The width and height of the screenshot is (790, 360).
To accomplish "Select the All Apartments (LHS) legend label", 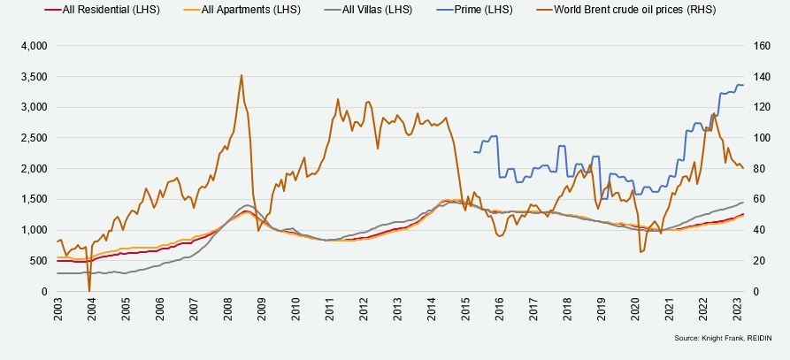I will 249,9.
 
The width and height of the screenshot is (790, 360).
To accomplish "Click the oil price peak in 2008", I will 242,75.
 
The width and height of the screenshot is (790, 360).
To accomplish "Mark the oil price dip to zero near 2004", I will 89,290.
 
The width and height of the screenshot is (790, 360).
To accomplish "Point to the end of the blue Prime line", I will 743,85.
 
